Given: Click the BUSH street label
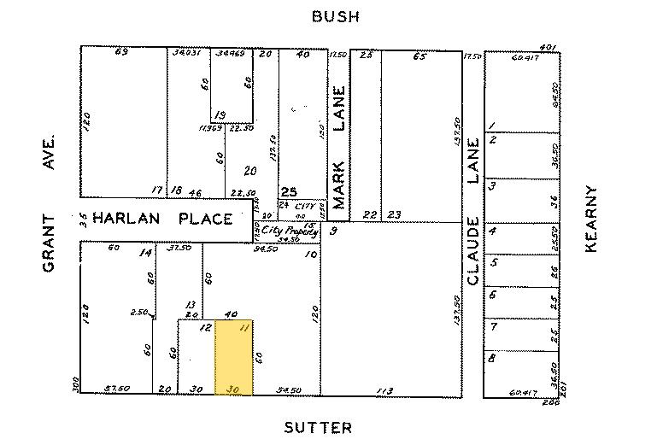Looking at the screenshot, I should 335,16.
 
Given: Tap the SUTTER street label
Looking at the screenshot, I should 317,428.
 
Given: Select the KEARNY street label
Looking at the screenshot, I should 589,219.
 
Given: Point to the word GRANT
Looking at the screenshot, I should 49,243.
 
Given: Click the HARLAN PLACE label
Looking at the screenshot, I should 162,219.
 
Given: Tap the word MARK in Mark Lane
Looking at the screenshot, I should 339,185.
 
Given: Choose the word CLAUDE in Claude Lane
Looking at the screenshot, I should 473,253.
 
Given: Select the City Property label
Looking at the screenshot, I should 290,231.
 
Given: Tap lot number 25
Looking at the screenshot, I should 288,191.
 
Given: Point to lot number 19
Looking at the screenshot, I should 220,115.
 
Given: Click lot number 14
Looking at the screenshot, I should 146,252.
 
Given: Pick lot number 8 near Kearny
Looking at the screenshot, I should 492,359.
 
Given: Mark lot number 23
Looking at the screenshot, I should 395,214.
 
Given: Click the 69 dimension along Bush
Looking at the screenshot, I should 121,53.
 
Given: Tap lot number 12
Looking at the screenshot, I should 205,328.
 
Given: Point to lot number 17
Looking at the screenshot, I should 156,190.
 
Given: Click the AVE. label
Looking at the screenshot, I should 49,150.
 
